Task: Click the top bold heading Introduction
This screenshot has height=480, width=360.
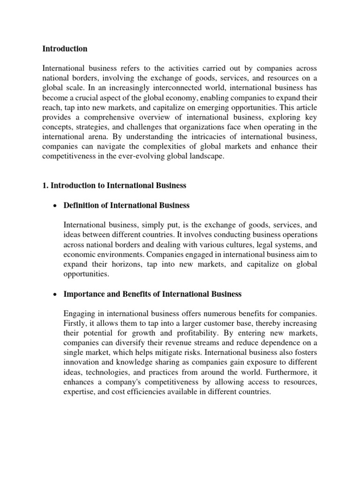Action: point(65,49)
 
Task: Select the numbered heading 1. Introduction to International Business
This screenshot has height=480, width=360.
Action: point(114,186)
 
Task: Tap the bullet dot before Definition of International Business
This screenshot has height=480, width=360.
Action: point(55,205)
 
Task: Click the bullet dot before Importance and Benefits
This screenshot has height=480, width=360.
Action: point(55,295)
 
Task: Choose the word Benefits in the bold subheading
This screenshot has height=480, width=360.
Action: point(136,294)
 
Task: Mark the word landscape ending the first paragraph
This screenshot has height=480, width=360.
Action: point(193,157)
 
